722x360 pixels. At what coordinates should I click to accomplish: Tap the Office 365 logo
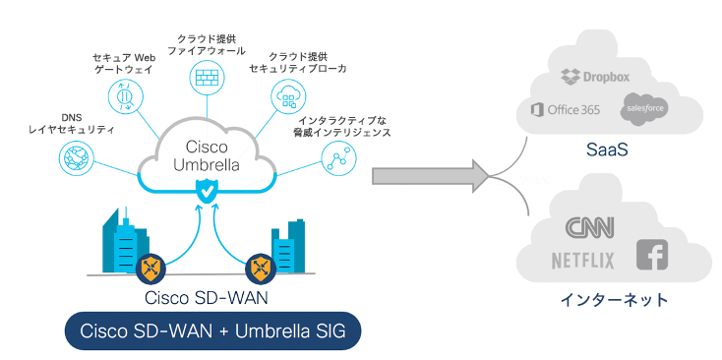pos(565,109)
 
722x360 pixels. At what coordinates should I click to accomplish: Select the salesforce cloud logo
pos(644,109)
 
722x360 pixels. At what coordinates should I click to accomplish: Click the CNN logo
pos(589,228)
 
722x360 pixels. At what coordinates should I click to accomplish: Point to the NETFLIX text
pos(582,261)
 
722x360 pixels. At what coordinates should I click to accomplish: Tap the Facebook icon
pos(651,255)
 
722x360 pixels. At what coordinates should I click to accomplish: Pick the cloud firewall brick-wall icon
pos(206,78)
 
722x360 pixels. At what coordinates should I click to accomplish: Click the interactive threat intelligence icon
pos(338,156)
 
